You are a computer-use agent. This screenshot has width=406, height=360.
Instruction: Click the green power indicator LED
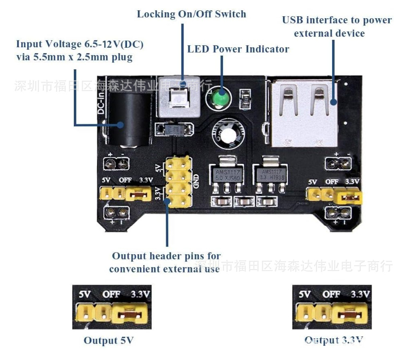tap(220, 98)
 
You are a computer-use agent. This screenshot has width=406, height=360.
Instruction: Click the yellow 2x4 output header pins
tap(179, 181)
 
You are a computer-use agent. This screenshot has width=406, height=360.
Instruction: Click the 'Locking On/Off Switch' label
tap(191, 14)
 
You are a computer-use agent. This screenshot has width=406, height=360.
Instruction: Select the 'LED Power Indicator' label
tap(238, 49)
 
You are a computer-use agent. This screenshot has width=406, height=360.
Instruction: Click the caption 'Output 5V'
tap(108, 340)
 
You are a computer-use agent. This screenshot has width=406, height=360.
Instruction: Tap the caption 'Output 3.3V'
tap(334, 340)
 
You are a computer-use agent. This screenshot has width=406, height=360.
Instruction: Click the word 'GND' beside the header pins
tap(196, 181)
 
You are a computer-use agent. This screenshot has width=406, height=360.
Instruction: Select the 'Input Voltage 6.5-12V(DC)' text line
tap(80, 44)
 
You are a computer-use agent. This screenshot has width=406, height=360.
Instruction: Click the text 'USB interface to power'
tap(337, 20)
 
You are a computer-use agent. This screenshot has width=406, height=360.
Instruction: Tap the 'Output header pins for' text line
tap(166, 256)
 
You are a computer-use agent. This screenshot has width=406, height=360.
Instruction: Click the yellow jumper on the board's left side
tap(138, 194)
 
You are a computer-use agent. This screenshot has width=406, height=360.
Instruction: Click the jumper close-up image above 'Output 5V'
tap(112, 307)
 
